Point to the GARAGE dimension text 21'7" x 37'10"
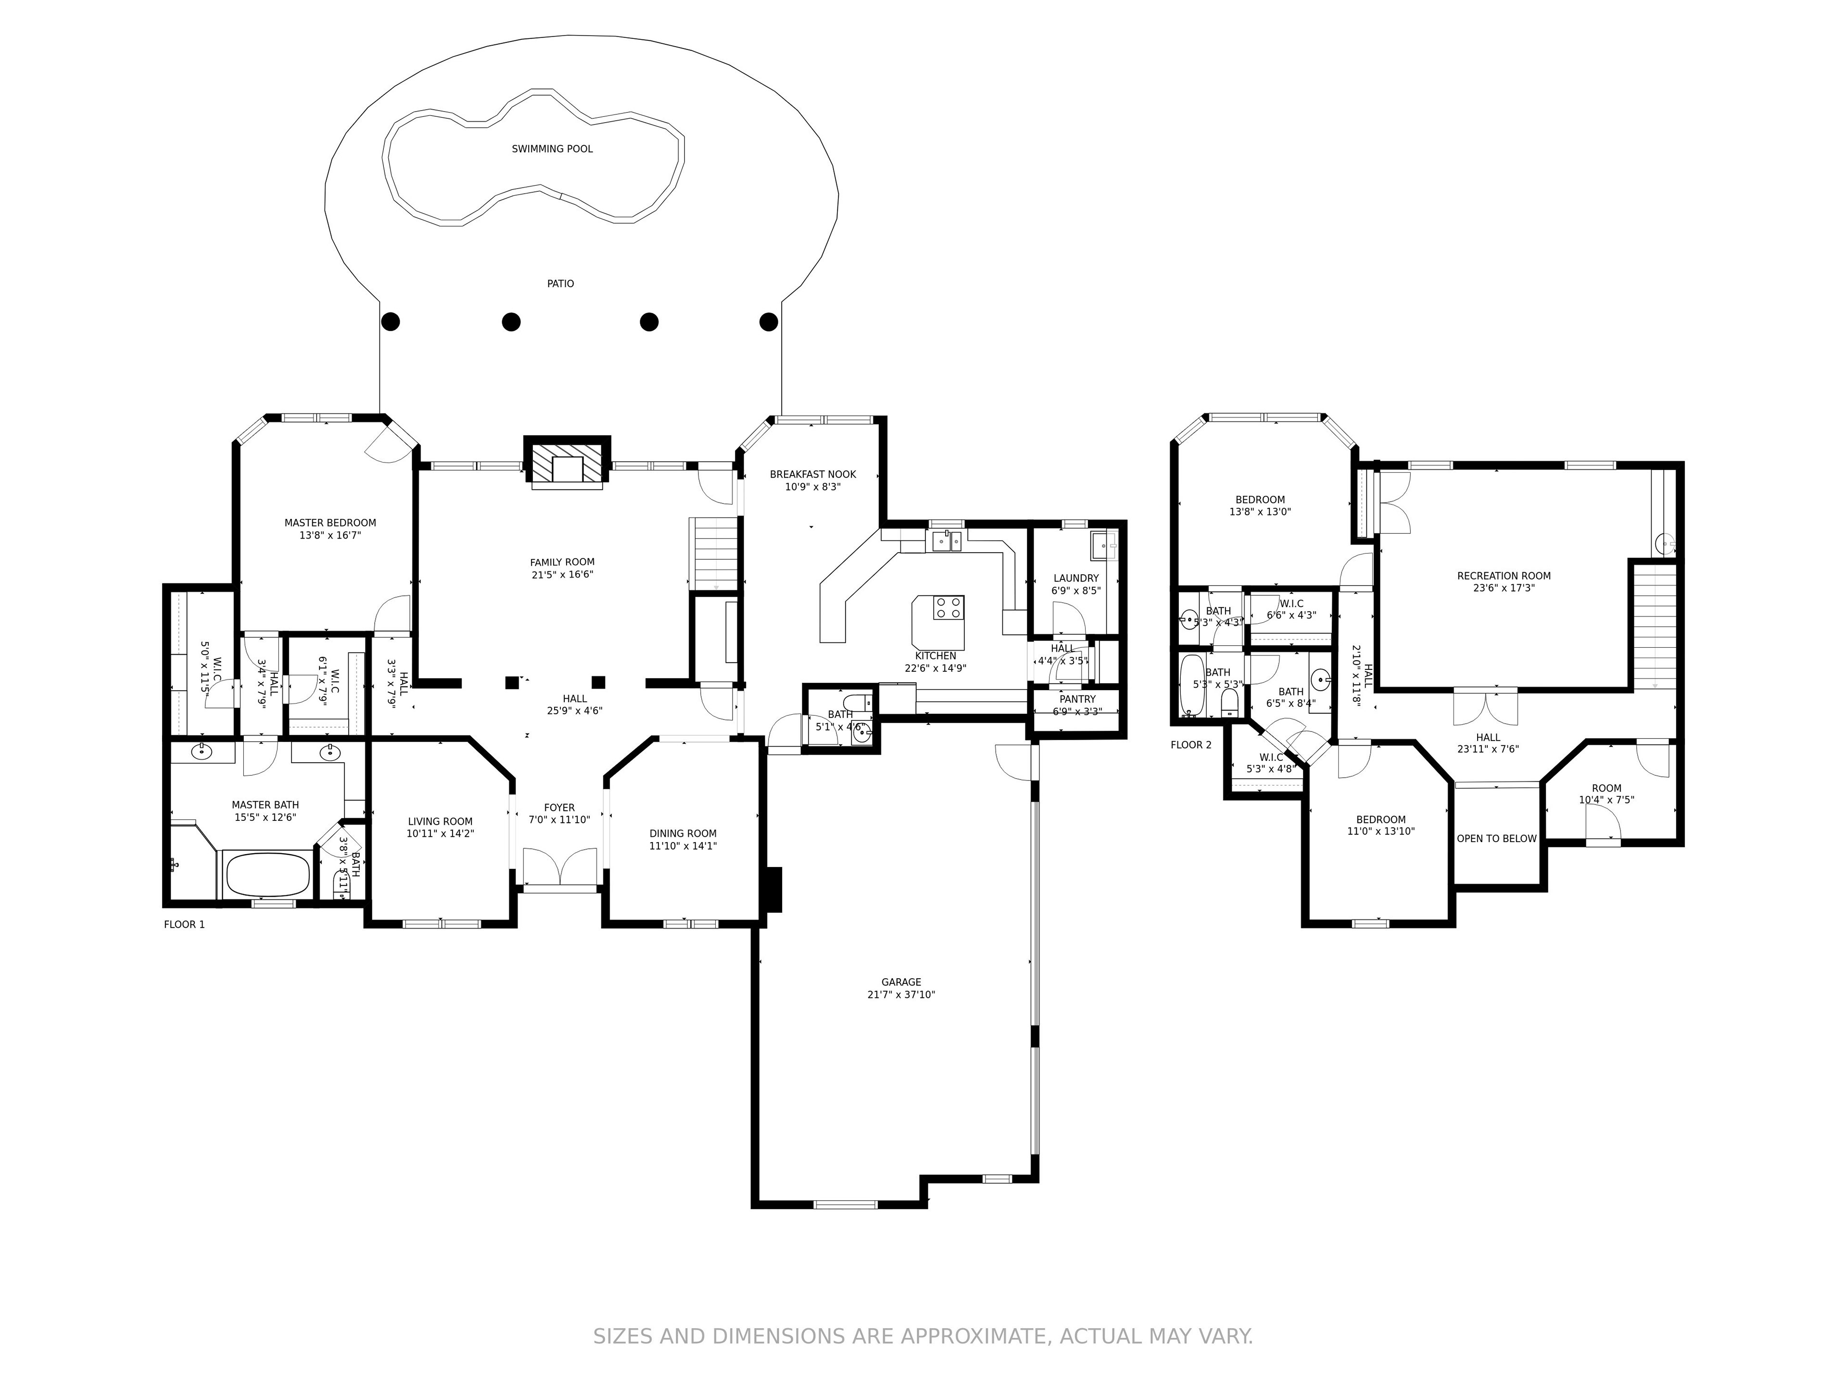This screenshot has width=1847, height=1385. coord(901,995)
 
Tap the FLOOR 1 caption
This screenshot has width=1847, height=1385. coord(184,924)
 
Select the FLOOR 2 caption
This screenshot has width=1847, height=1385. coord(1191,744)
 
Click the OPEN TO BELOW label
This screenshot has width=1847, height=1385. coord(1496,838)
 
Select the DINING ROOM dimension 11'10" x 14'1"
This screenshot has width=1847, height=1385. coord(683,846)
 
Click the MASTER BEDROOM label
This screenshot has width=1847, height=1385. coord(330,523)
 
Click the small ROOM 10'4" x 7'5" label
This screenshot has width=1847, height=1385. coord(1606,788)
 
